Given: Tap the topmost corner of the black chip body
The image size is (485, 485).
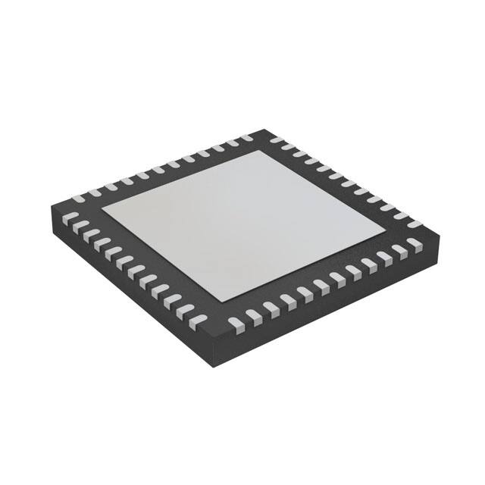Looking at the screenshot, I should (x=264, y=130).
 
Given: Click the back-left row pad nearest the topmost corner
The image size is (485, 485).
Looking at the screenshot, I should (x=247, y=138).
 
